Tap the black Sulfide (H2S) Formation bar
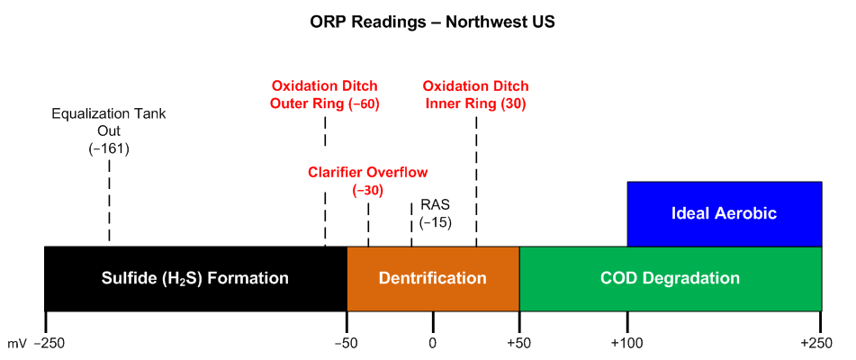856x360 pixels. pos(195,278)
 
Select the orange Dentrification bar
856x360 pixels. pos(433,278)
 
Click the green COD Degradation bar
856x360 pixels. pos(670,278)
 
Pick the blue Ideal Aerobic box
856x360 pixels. pos(724,214)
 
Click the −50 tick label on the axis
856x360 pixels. pos(347,343)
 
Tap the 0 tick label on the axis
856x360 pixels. pos(433,343)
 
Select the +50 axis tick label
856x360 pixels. pos(519,343)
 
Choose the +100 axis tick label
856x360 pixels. pos(626,343)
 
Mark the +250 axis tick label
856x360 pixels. pos(819,343)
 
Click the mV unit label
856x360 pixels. pos(17,343)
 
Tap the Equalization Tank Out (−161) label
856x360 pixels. pos(109,131)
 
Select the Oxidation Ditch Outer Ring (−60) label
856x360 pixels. pos(325,94)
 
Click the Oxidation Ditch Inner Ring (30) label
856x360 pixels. pos(476,94)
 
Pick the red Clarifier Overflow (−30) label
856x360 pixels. pos(368,181)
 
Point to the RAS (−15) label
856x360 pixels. pos(435,213)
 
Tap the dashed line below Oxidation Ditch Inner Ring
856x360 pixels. pos(476,180)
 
